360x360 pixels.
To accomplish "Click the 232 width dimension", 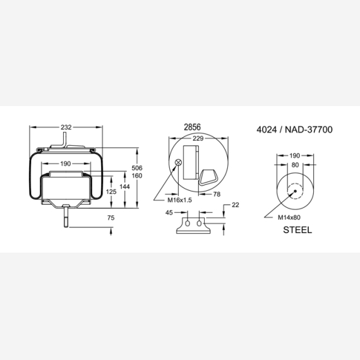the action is tap(66, 127).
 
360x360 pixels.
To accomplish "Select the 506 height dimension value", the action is tap(137, 168).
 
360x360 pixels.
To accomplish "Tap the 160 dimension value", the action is tap(137, 176).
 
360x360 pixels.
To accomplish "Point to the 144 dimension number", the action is tap(124, 187).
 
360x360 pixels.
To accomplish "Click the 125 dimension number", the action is tap(111, 191).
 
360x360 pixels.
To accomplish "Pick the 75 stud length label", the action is tap(111, 218).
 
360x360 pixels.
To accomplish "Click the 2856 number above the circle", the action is tap(193, 127).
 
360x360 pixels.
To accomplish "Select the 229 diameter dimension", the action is tap(198, 138).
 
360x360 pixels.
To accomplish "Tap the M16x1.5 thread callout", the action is tap(179, 200).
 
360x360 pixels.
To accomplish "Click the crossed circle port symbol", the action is tap(178, 162).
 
